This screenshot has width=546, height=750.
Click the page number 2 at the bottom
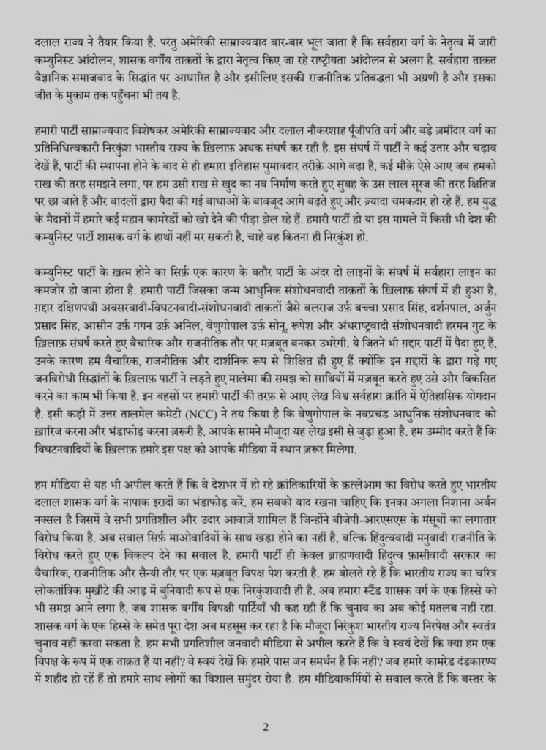point(266,727)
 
